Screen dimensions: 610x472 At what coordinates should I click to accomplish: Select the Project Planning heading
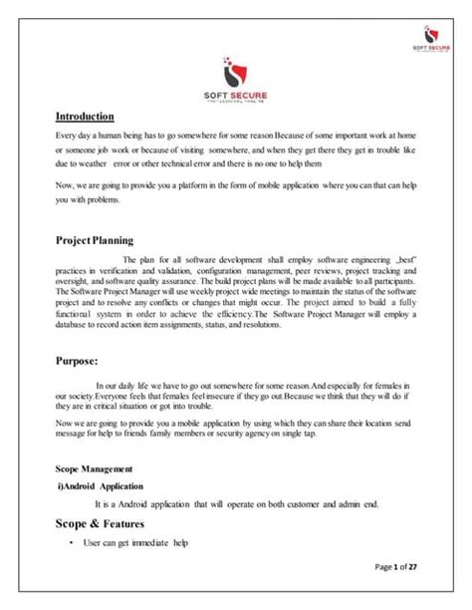97,240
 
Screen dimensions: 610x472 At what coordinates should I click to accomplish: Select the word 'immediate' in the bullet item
151,542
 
